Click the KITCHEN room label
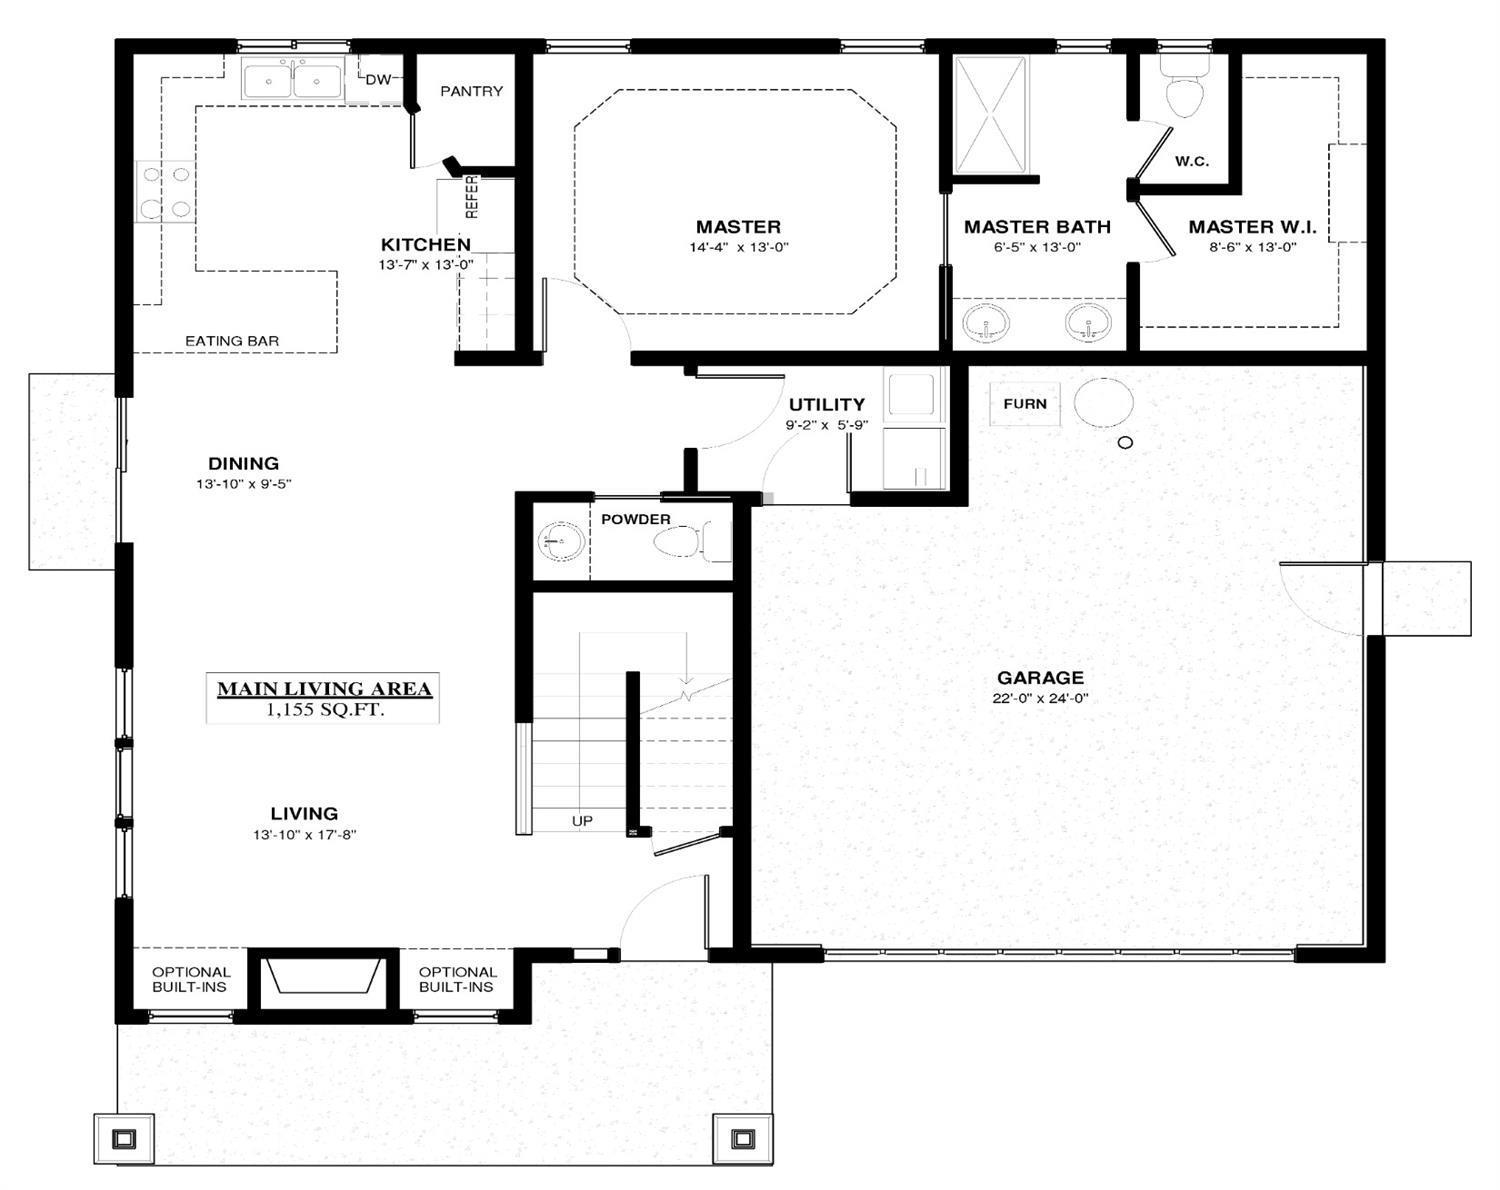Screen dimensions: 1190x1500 pyautogui.click(x=425, y=245)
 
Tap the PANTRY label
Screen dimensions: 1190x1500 pyautogui.click(x=471, y=91)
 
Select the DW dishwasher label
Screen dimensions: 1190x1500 pyautogui.click(x=378, y=80)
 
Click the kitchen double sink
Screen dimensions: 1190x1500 pyautogui.click(x=292, y=78)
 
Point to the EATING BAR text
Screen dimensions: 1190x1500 pyautogui.click(x=232, y=341)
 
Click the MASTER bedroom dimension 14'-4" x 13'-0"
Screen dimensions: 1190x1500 pyautogui.click(x=739, y=247)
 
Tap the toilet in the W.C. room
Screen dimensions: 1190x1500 pyautogui.click(x=1185, y=92)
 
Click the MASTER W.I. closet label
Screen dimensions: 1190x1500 pyautogui.click(x=1252, y=227)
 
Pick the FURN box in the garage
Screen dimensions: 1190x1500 pyautogui.click(x=1025, y=404)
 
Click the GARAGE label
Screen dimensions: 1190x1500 pyautogui.click(x=1040, y=678)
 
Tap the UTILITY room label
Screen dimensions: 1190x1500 pyautogui.click(x=826, y=405)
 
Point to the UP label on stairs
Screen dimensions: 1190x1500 pyautogui.click(x=582, y=821)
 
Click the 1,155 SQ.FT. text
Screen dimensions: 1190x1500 pyautogui.click(x=325, y=709)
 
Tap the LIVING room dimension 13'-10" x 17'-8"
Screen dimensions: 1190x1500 pyautogui.click(x=305, y=834)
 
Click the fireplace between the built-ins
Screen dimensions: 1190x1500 pyautogui.click(x=324, y=977)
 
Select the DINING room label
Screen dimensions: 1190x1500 pyautogui.click(x=243, y=463)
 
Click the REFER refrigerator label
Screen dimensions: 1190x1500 pyautogui.click(x=472, y=196)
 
